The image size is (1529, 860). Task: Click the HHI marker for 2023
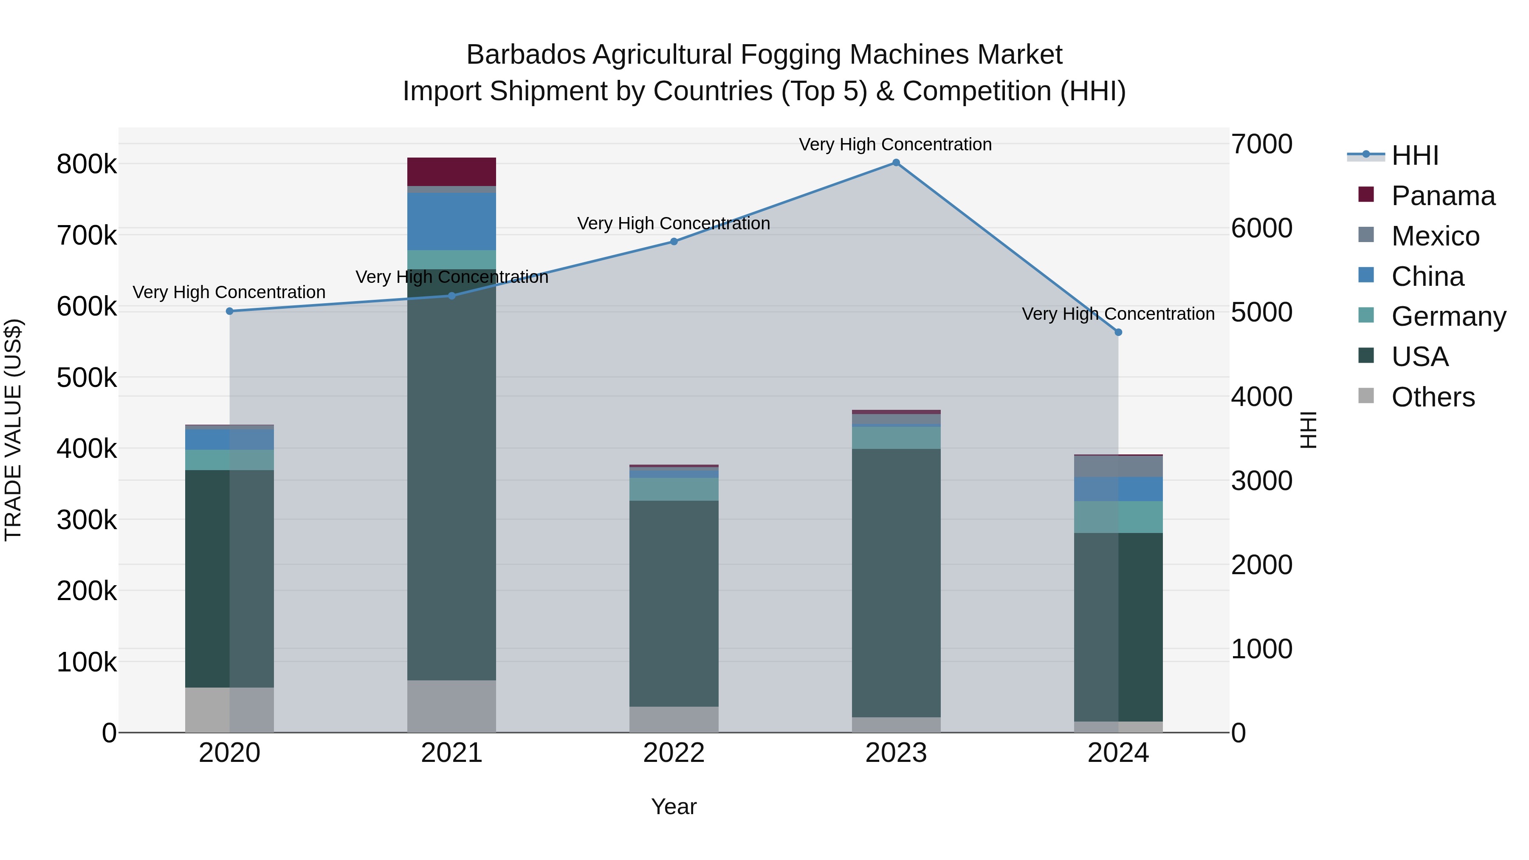896,163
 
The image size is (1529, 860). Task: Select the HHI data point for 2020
230,311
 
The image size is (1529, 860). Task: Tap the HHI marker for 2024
1118,333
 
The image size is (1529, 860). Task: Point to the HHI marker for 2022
674,242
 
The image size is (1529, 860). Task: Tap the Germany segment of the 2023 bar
896,437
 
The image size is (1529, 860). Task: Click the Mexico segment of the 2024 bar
1118,466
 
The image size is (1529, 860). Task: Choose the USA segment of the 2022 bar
674,603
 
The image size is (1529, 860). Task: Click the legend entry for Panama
1442,196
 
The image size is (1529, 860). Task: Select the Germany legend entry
1448,316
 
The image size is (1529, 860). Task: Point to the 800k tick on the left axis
87,164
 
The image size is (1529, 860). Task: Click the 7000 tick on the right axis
1262,144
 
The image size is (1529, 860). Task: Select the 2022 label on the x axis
674,753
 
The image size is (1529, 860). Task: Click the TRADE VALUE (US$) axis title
13,430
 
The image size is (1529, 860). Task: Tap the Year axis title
674,806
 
